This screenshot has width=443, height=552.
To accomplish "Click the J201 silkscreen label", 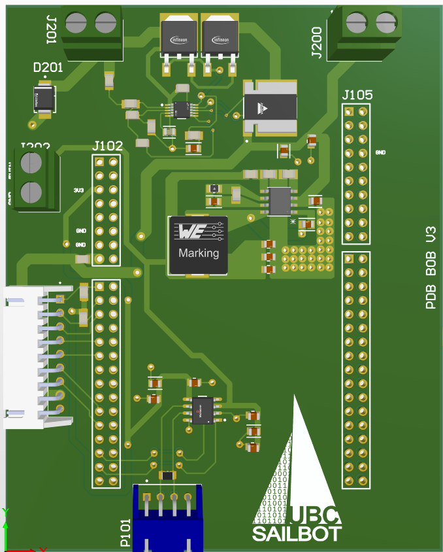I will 51,28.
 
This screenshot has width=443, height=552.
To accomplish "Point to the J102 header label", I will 108,145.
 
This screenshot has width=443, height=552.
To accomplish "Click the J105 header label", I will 357,95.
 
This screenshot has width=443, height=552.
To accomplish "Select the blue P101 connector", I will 167,517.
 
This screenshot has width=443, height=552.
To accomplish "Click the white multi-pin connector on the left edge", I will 29,356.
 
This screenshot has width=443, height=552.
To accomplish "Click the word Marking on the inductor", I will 199,253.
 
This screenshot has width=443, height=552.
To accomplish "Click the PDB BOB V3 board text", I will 431,268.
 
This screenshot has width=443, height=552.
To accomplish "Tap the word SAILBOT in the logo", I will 297,534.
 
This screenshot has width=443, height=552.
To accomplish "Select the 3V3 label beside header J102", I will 78,190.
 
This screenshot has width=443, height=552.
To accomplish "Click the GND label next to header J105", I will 380,152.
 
